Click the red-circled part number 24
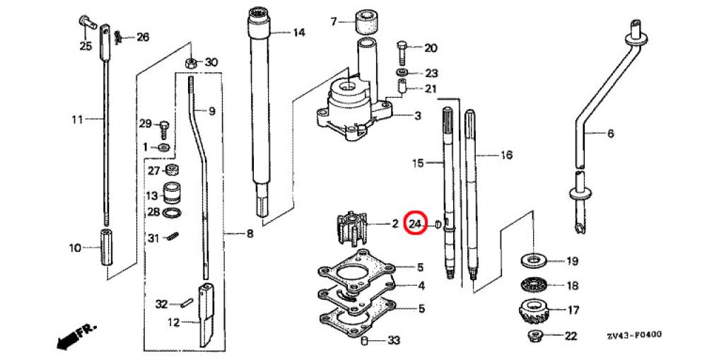[416, 224]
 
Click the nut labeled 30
[190, 63]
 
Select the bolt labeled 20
[402, 51]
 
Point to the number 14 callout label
[299, 33]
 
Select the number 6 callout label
[611, 133]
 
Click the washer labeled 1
[163, 147]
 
